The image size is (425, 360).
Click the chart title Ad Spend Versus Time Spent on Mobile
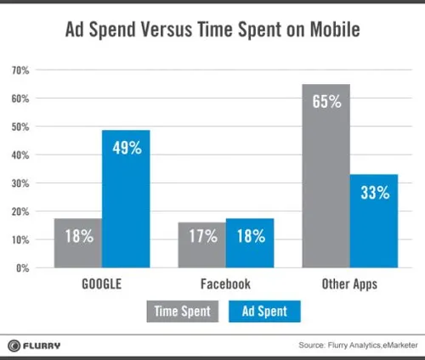click(212, 31)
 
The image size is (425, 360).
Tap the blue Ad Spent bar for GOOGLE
click(127, 200)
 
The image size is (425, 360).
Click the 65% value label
click(325, 102)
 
